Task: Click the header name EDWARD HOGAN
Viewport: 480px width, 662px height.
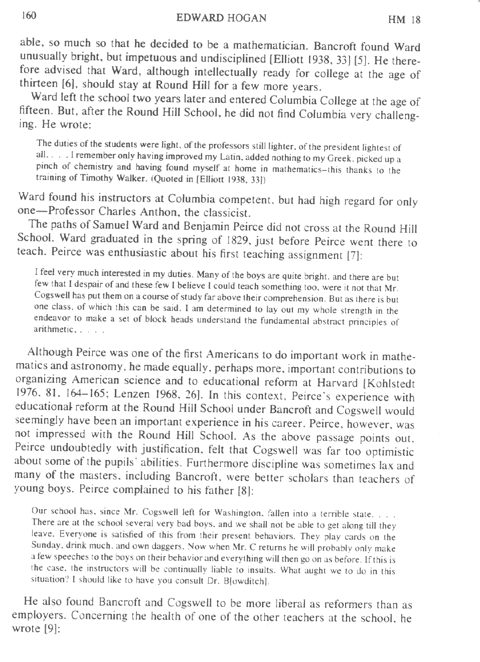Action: (x=221, y=18)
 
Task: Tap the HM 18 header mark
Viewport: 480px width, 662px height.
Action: (x=404, y=20)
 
